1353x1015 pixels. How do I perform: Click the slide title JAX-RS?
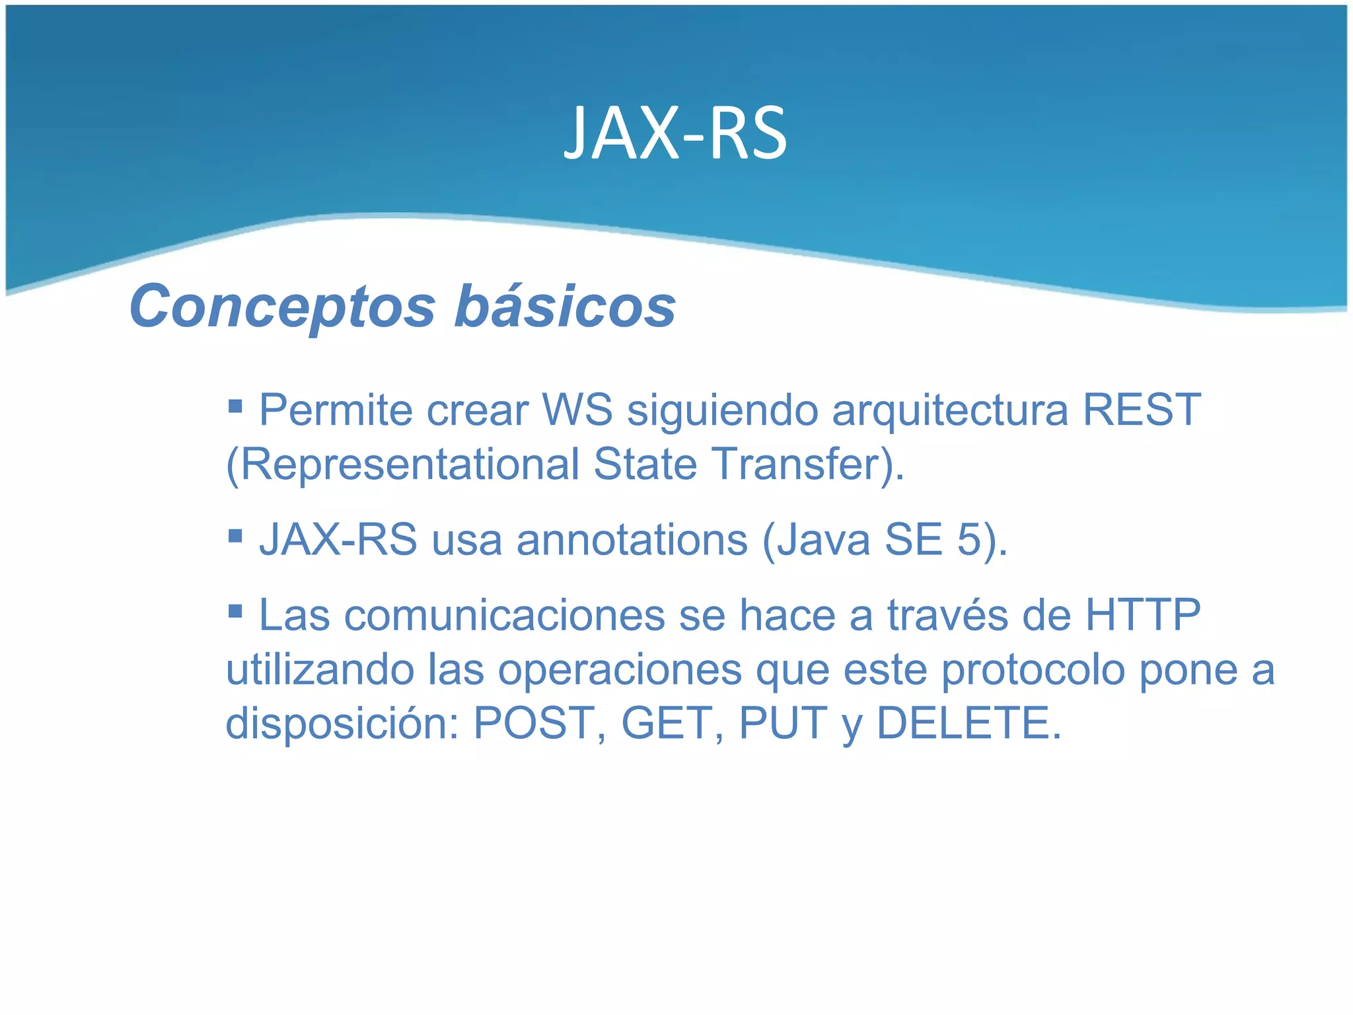[x=675, y=134]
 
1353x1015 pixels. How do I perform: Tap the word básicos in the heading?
[x=566, y=307]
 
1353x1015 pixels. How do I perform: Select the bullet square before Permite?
[x=235, y=404]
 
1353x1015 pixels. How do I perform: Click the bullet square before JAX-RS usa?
[x=235, y=534]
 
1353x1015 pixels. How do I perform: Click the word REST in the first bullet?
[x=1141, y=410]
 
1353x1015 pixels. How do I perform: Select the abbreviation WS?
[x=577, y=410]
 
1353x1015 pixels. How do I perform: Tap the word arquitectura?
[x=950, y=410]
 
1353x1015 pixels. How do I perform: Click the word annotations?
[x=632, y=540]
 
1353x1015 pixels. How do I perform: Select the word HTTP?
[x=1143, y=615]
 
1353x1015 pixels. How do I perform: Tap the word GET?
[x=666, y=723]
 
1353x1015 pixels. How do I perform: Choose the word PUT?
[x=783, y=723]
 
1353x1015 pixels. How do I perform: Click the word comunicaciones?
[x=505, y=615]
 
